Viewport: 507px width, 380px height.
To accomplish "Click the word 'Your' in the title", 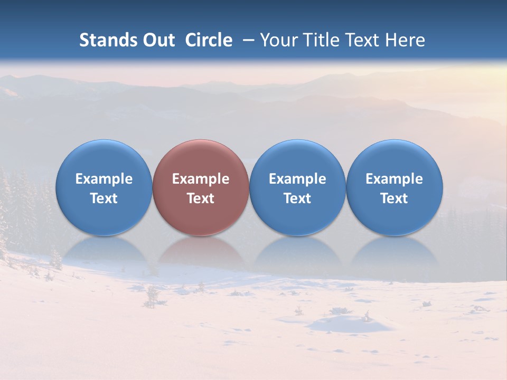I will pyautogui.click(x=277, y=40).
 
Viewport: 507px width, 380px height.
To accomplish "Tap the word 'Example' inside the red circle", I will pyautogui.click(x=201, y=179).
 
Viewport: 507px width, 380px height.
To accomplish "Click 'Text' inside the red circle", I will pyautogui.click(x=201, y=198).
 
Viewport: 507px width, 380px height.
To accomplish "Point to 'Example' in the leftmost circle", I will pyautogui.click(x=104, y=179).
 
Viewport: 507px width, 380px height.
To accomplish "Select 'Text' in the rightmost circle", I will pyautogui.click(x=394, y=198).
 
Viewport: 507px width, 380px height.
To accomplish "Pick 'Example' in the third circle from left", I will pyautogui.click(x=297, y=179).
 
